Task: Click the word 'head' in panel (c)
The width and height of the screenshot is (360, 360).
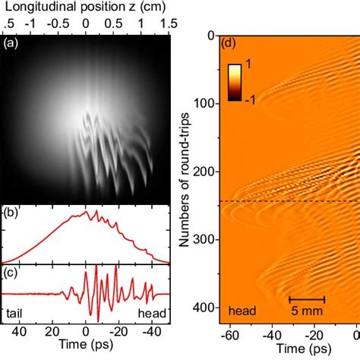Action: (153, 311)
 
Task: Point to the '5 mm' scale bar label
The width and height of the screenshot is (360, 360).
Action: (308, 310)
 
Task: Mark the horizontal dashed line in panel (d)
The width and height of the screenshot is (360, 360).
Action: (289, 201)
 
